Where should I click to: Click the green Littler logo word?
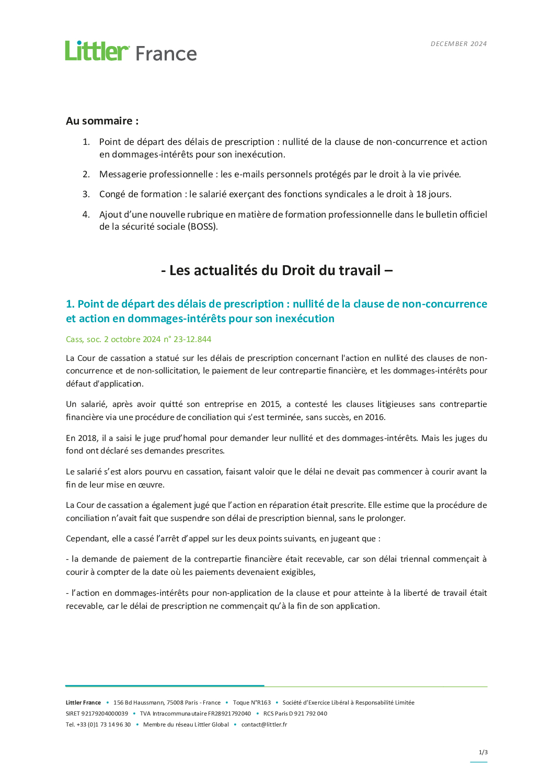[97, 51]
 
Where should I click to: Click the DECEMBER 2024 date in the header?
[458, 44]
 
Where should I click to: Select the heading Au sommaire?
[102, 121]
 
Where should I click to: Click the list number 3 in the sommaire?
[86, 194]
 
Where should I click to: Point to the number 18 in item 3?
[421, 194]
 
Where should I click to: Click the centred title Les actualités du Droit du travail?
[276, 270]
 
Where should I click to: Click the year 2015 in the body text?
[271, 404]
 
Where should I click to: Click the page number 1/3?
[483, 753]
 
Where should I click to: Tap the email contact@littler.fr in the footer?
[264, 725]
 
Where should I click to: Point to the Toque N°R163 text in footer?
[252, 703]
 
